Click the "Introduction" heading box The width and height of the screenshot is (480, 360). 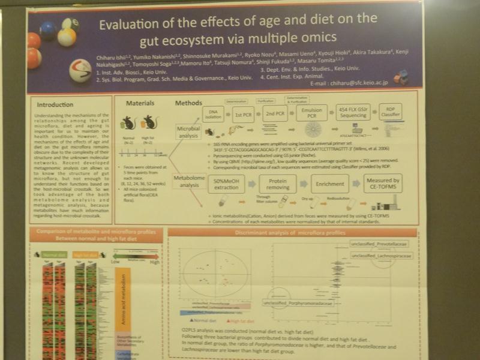55,104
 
